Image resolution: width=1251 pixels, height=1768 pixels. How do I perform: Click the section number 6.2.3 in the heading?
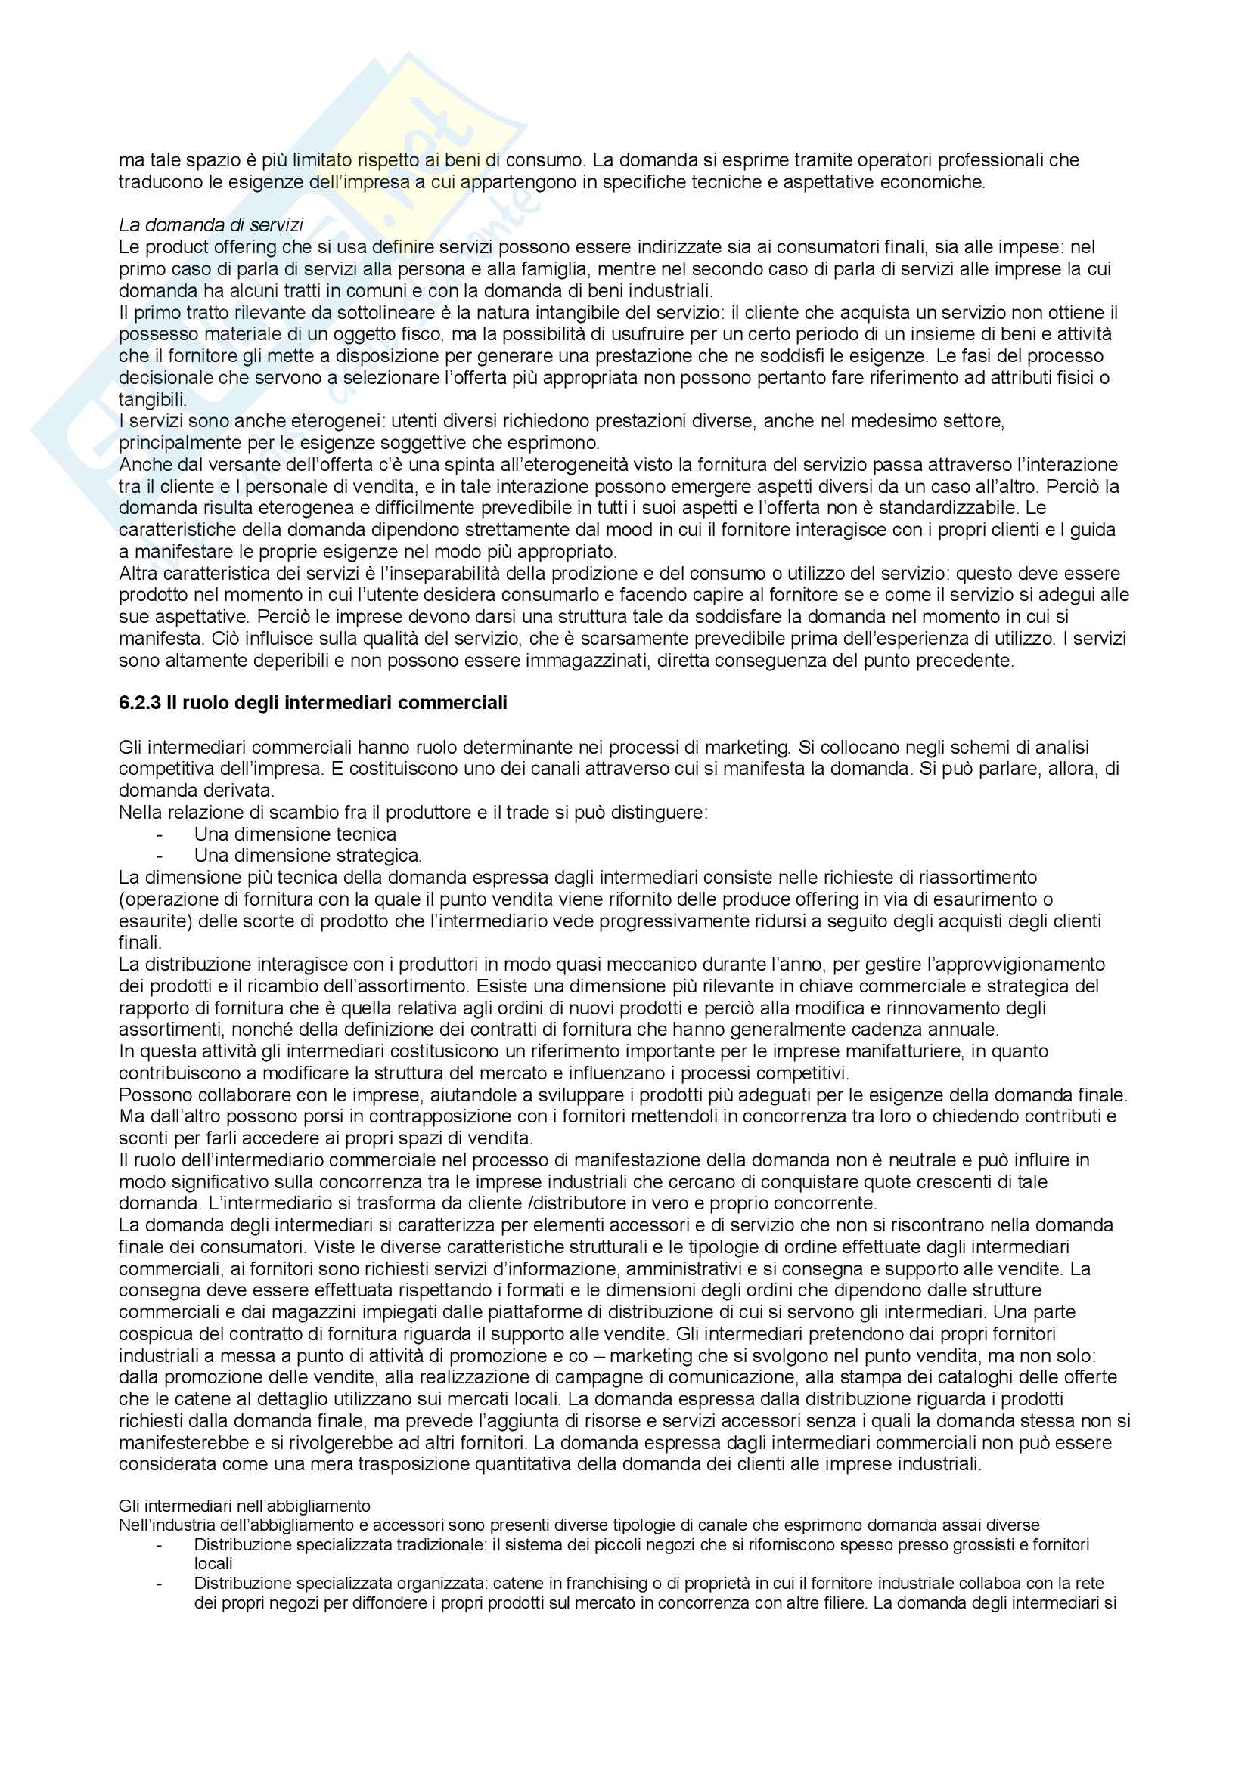[139, 703]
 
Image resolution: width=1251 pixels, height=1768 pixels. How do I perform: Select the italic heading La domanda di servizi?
[210, 224]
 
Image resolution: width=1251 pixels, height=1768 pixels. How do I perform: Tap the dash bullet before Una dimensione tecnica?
[160, 834]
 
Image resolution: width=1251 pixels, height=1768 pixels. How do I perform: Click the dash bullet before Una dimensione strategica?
[160, 856]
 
